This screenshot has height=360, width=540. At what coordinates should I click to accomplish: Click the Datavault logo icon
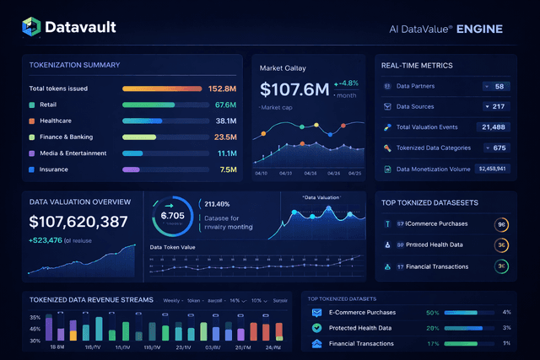[30, 28]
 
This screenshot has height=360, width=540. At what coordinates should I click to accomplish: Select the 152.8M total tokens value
[222, 89]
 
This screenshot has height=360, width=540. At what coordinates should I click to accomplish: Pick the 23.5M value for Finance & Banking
[224, 137]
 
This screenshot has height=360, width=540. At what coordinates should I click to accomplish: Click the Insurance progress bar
[131, 169]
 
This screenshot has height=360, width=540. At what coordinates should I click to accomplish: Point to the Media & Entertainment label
[73, 153]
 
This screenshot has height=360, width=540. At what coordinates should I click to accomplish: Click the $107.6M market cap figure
[293, 89]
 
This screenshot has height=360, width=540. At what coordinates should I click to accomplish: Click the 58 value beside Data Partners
[499, 86]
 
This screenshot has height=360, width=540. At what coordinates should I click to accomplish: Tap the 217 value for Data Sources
[498, 106]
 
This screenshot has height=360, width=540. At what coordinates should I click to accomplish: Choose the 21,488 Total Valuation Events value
[492, 126]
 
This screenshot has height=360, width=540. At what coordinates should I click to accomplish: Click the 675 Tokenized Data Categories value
[499, 148]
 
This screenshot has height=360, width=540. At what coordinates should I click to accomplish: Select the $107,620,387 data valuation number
[78, 223]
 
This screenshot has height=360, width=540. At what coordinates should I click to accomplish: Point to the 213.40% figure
[218, 204]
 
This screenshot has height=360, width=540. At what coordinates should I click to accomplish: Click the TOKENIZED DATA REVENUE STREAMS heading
[91, 299]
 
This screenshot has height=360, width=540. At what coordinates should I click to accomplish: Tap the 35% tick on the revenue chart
[35, 318]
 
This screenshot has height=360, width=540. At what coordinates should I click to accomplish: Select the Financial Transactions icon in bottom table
[316, 343]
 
